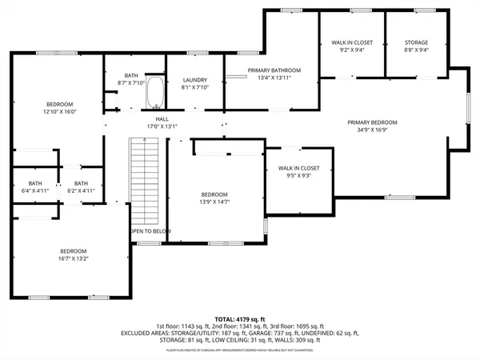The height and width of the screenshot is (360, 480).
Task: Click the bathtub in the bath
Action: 155,93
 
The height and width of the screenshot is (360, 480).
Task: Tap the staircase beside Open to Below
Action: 146,180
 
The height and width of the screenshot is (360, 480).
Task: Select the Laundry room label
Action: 195,80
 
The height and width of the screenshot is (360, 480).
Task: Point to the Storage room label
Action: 416,42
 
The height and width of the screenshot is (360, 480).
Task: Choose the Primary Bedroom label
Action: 372,122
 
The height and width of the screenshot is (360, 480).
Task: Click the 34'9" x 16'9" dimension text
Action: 372,131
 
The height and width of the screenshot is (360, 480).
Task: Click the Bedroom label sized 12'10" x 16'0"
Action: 59,104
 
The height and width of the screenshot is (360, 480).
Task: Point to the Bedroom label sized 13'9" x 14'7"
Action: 214,195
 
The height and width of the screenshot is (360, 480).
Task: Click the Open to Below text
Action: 150,231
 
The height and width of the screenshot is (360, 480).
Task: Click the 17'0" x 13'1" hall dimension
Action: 150,126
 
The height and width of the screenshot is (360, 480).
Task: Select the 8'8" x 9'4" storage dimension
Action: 416,50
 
